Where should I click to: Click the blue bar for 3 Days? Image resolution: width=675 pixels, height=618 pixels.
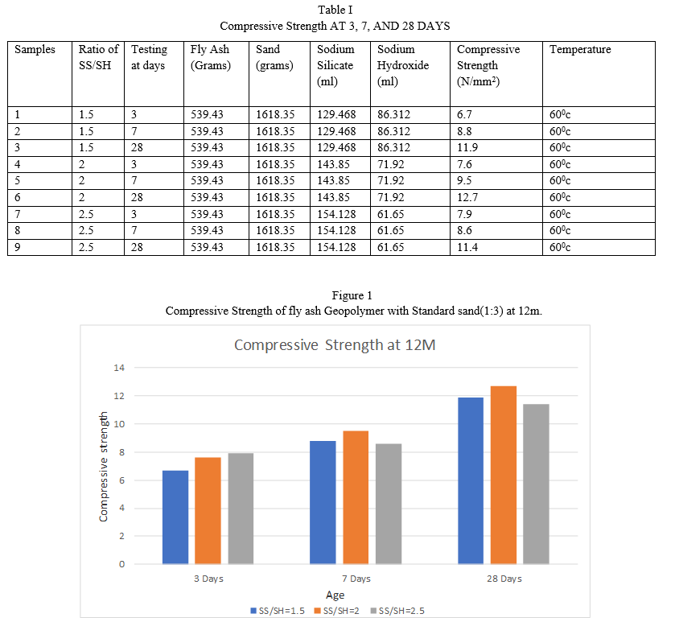[x=175, y=517]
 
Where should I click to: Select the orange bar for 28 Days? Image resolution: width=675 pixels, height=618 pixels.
[x=504, y=475]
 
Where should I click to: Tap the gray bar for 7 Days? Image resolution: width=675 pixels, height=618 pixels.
[x=389, y=504]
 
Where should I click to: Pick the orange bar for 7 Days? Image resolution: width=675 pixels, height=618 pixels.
[x=356, y=497]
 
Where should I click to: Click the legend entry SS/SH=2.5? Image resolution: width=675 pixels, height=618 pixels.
[x=397, y=611]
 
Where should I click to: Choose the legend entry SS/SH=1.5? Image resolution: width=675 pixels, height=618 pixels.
[x=278, y=611]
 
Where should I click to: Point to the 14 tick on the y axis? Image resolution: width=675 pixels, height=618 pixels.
[x=119, y=368]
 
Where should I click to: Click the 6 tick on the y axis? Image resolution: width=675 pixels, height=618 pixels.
[x=121, y=480]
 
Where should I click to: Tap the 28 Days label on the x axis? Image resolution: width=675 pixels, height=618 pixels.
[x=504, y=579]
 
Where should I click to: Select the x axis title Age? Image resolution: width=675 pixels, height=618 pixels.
[x=335, y=595]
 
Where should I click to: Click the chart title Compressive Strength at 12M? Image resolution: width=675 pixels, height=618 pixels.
[x=335, y=345]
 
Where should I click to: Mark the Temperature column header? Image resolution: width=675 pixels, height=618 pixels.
[x=580, y=50]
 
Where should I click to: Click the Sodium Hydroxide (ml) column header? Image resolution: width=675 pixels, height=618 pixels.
[x=403, y=65]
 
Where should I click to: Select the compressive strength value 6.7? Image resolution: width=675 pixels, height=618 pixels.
[x=464, y=114]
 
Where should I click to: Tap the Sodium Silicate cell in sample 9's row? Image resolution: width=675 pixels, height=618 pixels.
[x=336, y=247]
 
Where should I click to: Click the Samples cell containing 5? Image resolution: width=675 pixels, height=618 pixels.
[x=17, y=181]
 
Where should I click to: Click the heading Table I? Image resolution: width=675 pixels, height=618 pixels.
[x=335, y=10]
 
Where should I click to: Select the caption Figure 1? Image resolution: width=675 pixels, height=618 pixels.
[x=352, y=295]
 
